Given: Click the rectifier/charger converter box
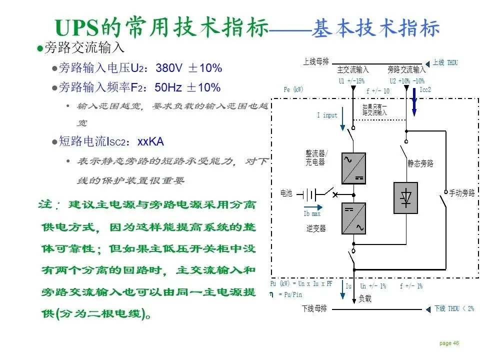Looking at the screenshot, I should (353, 168).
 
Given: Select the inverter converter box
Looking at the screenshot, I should (353, 218).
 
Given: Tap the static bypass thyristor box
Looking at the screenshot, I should (405, 198).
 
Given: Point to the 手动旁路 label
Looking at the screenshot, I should (461, 192).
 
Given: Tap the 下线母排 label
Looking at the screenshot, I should (314, 308).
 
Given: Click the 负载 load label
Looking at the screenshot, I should (365, 298).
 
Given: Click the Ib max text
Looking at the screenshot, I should (312, 214).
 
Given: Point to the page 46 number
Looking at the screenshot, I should (449, 343).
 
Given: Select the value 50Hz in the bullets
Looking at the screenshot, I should (168, 87).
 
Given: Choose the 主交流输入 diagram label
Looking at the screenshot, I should (353, 70).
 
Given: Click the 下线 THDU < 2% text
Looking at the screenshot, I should (453, 308).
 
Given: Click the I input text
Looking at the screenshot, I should (327, 115).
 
